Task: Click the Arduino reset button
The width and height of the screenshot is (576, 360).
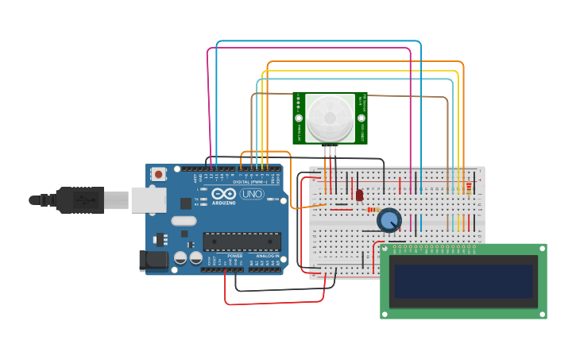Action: [159, 174]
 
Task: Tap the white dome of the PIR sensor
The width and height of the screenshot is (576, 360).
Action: [331, 118]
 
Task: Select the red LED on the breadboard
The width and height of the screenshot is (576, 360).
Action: [359, 195]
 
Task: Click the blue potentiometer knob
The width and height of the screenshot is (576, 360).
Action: [389, 220]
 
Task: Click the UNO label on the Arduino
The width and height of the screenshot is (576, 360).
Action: [252, 194]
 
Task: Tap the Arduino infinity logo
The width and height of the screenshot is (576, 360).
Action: [223, 194]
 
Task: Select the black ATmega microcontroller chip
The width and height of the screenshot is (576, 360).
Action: [242, 241]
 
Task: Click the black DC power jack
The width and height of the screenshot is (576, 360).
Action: [153, 259]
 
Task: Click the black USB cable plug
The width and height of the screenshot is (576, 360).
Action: [79, 199]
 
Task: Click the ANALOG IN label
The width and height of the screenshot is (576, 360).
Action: [267, 255]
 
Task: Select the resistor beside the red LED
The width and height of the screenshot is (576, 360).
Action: [373, 210]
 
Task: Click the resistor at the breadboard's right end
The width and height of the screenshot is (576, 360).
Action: [469, 188]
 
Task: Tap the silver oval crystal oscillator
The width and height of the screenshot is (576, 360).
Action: [183, 222]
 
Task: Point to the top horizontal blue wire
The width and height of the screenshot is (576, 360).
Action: [318, 41]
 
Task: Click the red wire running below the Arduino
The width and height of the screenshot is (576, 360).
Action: [274, 303]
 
